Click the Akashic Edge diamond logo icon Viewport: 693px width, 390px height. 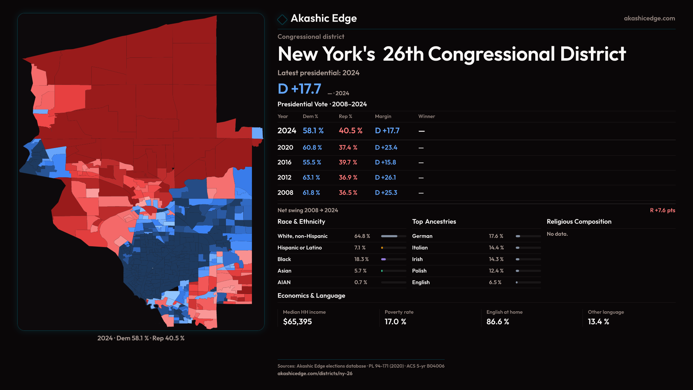point(282,19)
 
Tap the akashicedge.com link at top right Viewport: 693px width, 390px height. point(649,18)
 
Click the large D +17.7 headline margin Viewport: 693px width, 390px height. point(299,89)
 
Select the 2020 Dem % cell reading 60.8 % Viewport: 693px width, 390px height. point(312,148)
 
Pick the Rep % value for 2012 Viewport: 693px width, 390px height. point(348,178)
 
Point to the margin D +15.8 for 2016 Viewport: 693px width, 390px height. point(385,162)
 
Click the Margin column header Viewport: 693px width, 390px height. point(383,116)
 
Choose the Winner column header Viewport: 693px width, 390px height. point(426,116)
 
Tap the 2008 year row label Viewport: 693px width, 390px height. point(285,193)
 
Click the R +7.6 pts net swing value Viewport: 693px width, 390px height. point(662,210)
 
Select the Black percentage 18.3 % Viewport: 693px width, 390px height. point(361,259)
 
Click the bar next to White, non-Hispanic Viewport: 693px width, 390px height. point(393,236)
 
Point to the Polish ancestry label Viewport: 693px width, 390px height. point(419,271)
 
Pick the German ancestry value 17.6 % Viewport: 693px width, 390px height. point(496,236)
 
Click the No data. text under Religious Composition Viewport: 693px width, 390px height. point(557,234)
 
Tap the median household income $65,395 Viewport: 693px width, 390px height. point(297,322)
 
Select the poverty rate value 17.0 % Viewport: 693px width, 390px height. point(395,322)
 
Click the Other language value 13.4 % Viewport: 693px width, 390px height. point(598,322)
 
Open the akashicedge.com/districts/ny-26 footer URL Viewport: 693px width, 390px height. point(315,373)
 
